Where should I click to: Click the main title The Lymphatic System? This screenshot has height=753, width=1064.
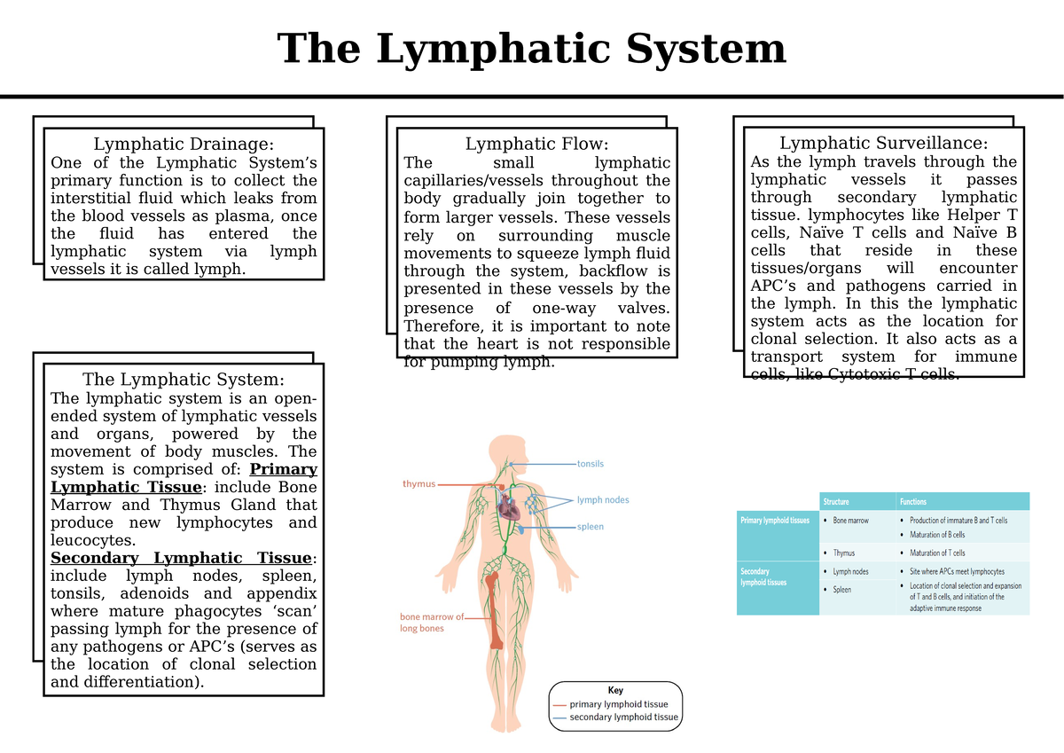click(x=531, y=48)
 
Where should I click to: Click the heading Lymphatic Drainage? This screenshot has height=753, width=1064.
click(x=184, y=144)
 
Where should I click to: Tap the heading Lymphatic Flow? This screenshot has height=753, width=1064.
click(x=536, y=144)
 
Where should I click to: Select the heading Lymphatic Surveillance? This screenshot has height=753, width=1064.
click(x=883, y=143)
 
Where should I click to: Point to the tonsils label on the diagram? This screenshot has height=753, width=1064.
click(x=591, y=464)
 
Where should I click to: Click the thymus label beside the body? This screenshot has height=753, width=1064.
click(x=419, y=484)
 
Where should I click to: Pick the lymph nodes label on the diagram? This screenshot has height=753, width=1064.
click(x=603, y=500)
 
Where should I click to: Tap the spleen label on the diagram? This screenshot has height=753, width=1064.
click(x=591, y=527)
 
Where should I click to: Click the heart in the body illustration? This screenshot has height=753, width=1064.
click(x=506, y=507)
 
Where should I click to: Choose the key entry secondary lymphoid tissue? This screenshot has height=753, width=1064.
click(x=623, y=718)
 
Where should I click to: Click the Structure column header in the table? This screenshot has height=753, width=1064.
click(x=837, y=501)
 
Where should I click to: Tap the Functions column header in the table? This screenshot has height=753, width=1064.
click(x=913, y=501)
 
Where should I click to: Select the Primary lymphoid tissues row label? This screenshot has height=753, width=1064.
click(x=775, y=521)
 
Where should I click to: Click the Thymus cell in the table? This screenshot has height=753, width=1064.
click(x=843, y=553)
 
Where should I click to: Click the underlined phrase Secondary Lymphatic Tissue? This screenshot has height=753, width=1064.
click(x=181, y=558)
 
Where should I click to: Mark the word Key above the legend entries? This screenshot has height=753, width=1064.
click(x=615, y=690)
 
